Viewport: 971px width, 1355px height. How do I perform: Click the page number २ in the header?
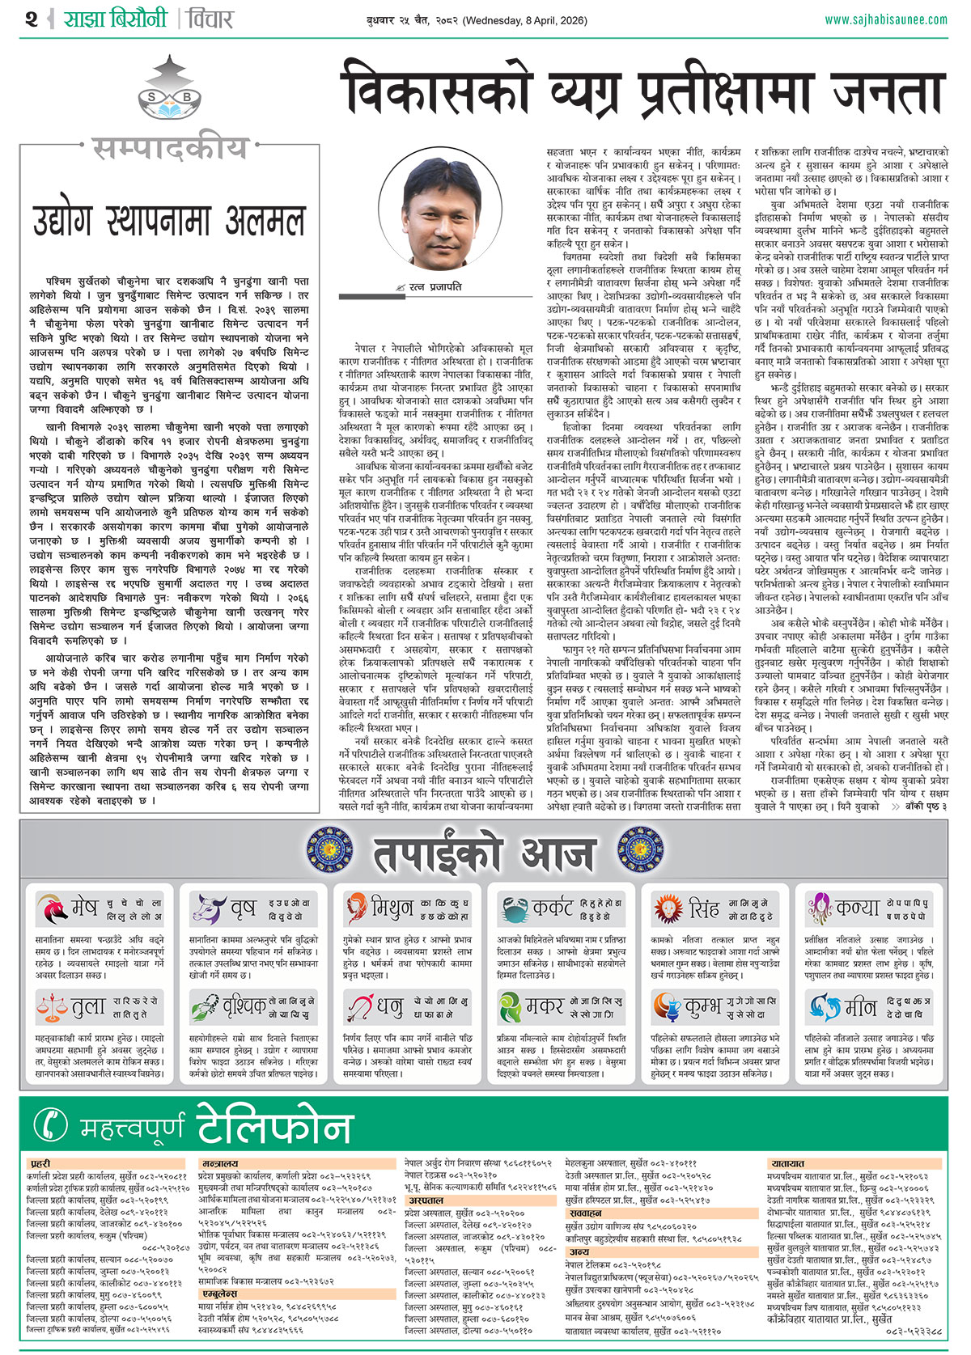[31, 19]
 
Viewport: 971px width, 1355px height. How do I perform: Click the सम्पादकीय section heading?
[169, 148]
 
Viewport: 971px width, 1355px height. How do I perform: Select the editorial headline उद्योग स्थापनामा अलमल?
[169, 219]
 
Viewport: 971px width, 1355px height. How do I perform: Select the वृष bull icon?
[207, 909]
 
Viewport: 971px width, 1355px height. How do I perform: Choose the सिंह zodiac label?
[703, 909]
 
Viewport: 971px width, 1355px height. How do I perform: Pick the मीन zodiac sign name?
[859, 1008]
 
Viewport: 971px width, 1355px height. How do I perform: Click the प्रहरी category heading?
[40, 1164]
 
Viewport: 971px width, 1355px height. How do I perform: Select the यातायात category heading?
[787, 1163]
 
